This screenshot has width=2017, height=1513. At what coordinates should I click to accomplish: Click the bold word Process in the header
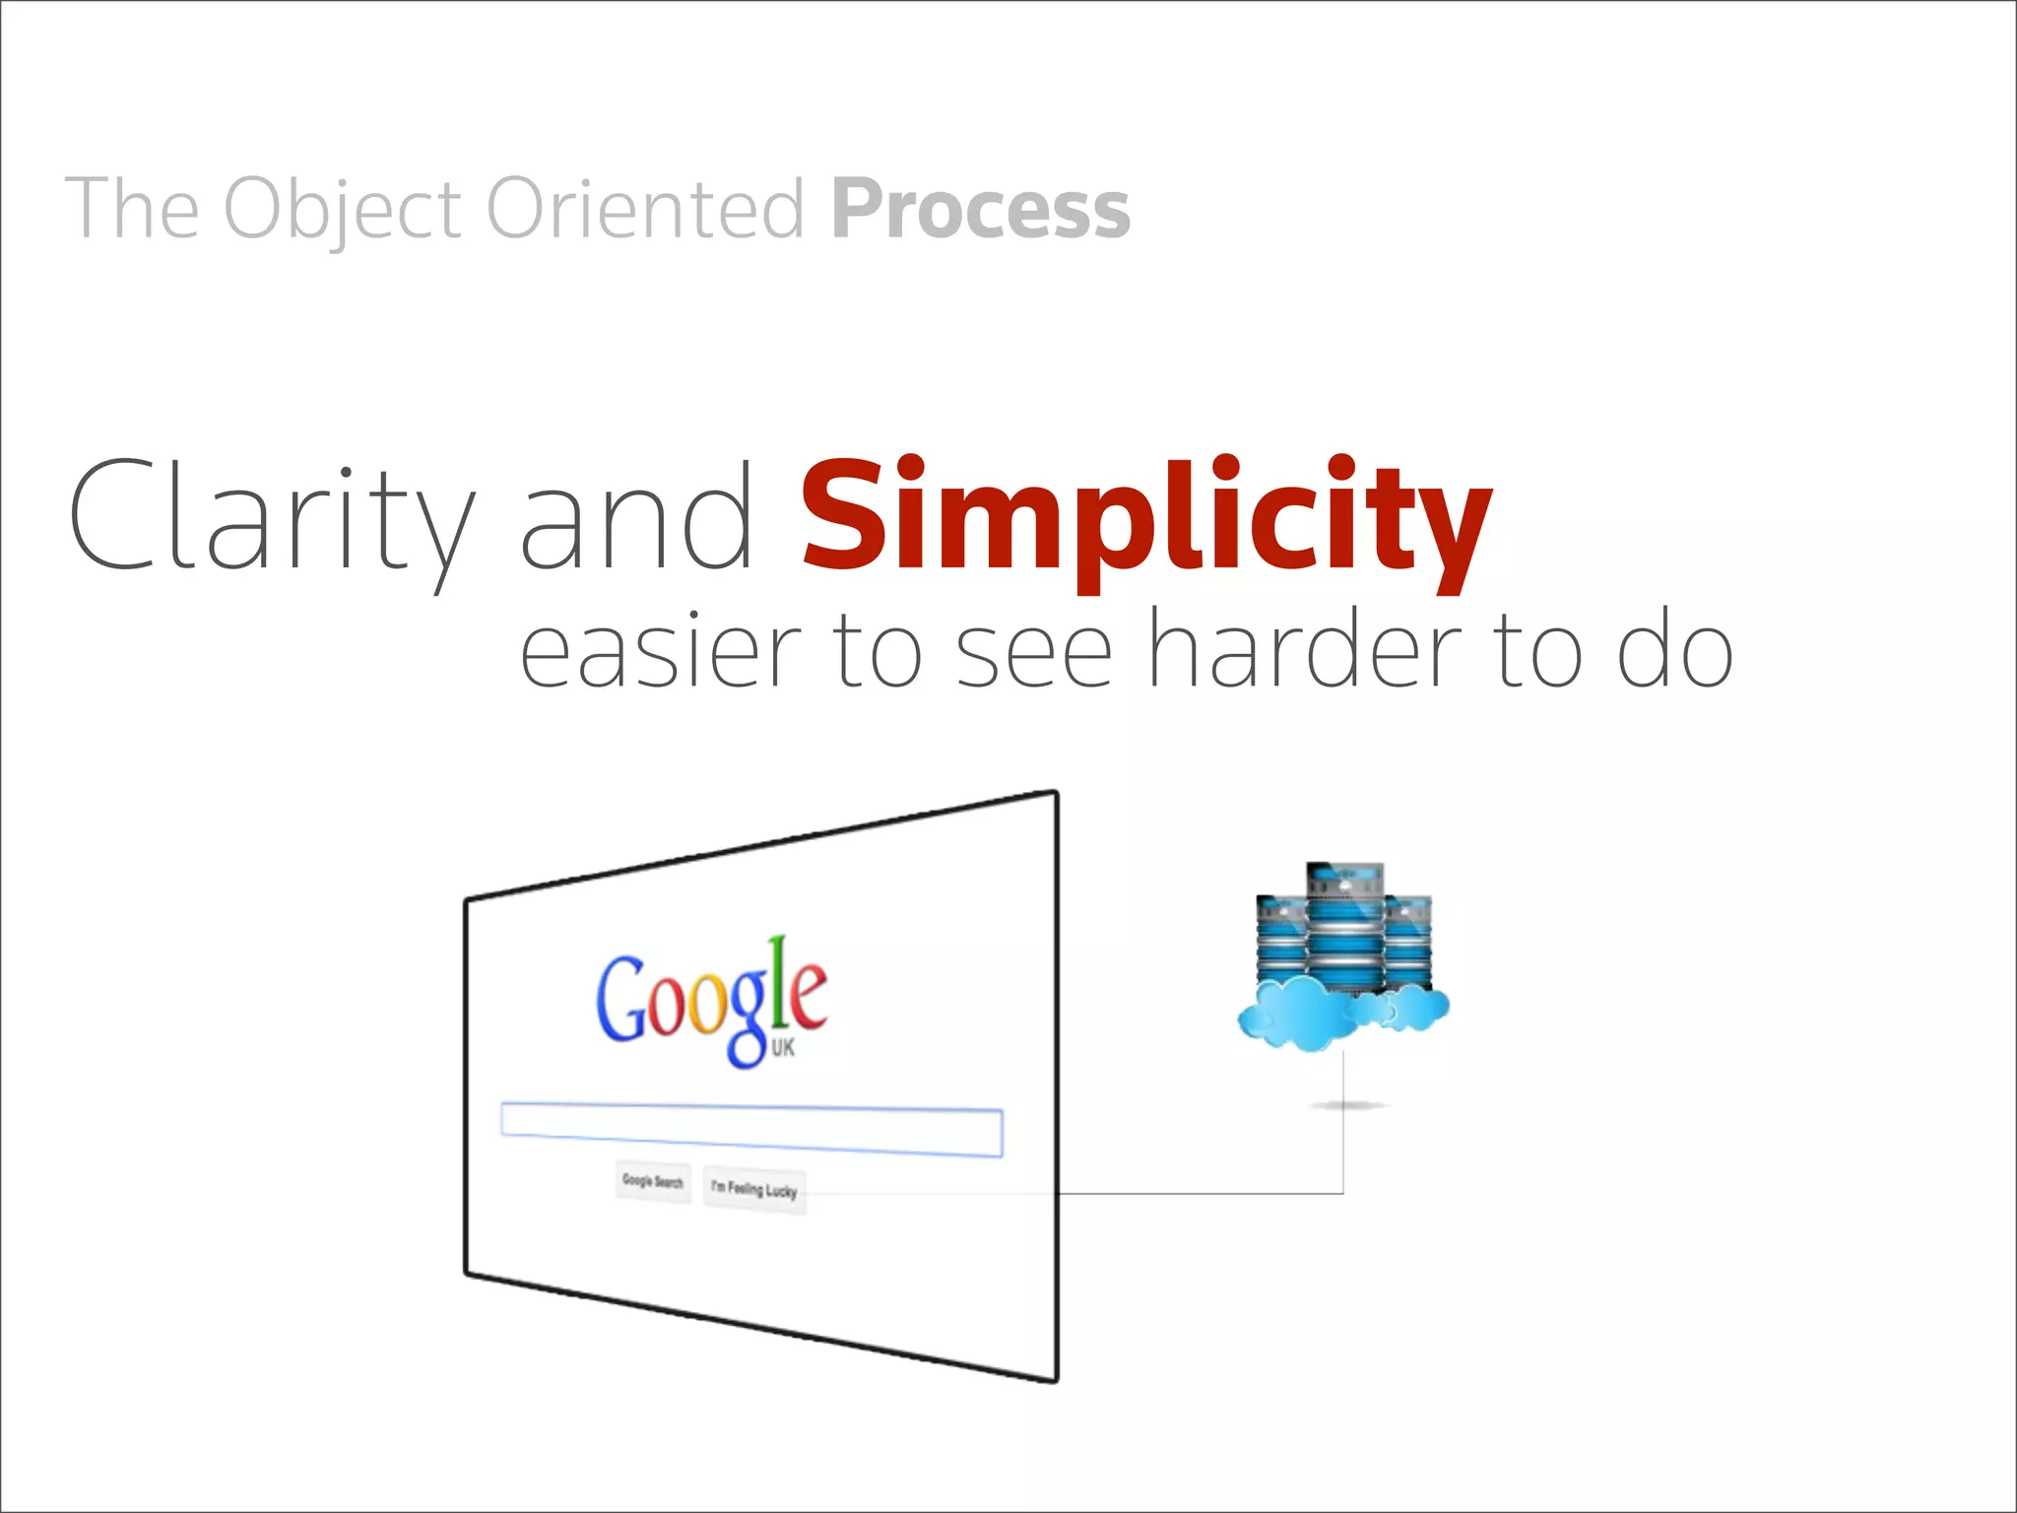pos(980,209)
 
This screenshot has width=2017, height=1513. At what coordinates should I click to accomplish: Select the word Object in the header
pos(342,209)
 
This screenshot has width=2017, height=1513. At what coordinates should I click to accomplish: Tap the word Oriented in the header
pos(646,209)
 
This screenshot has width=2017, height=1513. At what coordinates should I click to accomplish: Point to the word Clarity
pos(271,516)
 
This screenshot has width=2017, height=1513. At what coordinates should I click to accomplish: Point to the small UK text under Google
pos(783,1047)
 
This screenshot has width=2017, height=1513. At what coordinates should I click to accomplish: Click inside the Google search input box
pos(751,1130)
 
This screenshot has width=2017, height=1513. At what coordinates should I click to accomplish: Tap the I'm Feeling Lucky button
pos(754,1190)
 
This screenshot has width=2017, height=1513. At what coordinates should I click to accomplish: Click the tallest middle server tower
pos(1344,926)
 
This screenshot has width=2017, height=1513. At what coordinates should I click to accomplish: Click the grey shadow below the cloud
pos(1347,1105)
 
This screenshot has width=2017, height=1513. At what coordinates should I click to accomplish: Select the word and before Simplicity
pos(635,516)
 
